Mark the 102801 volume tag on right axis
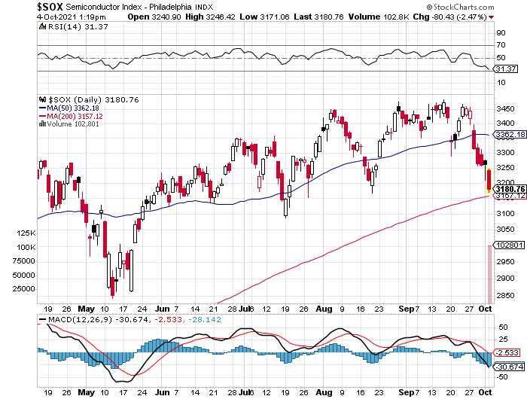click(506, 245)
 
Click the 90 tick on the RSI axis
click(499, 33)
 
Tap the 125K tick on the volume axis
click(27, 233)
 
